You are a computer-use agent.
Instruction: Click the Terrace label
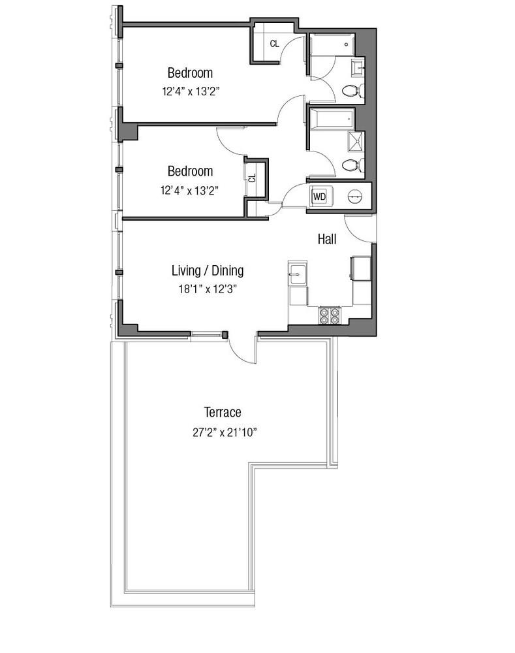tap(223, 412)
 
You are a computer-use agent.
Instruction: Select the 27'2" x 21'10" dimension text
tap(223, 432)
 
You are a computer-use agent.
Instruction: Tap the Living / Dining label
tap(208, 270)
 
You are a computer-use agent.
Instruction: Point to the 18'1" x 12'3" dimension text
tap(208, 289)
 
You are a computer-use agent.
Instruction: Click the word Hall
tap(327, 240)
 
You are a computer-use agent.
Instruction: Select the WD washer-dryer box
tap(320, 196)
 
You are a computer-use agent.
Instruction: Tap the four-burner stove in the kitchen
tap(330, 315)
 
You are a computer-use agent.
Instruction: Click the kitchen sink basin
tap(298, 273)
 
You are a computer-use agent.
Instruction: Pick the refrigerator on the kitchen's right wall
tap(361, 269)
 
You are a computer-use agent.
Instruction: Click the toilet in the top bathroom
tap(352, 90)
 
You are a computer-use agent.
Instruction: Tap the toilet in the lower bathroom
tap(352, 165)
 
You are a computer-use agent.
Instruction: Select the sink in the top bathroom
tap(358, 66)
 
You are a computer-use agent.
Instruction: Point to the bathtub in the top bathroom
tap(332, 44)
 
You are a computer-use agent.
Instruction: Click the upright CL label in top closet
tap(275, 44)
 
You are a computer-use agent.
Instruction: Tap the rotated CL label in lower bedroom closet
tap(253, 176)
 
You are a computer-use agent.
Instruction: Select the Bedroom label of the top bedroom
tap(190, 72)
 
